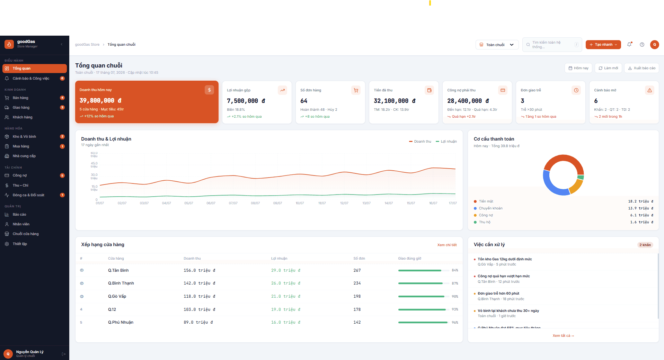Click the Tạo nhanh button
point(603,45)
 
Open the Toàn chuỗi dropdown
point(497,45)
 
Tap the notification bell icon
point(629,45)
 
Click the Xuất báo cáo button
point(641,68)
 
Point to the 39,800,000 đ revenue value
point(100,100)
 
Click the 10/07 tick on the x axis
point(300,203)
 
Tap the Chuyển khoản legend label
point(490,208)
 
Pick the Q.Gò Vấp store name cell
point(117,296)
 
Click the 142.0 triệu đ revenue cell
point(200,283)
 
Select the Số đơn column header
point(359,259)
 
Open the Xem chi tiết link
point(447,245)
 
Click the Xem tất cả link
point(563,336)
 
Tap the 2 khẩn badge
point(645,245)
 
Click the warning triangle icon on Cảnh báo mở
point(649,90)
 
